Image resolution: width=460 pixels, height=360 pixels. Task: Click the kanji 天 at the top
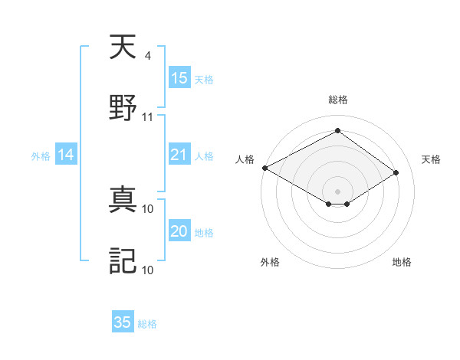coord(123,50)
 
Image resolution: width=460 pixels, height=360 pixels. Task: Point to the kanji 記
coord(123,260)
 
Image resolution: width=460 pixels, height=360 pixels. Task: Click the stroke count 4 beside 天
coord(147,56)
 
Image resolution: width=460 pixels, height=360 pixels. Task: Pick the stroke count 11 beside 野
coord(148,116)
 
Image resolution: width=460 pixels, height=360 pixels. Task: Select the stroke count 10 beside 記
coord(148,270)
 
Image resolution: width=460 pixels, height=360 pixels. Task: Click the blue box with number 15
coord(179,78)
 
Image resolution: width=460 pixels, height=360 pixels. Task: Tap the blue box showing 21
coord(179,155)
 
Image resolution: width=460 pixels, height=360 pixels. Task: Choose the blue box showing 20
coord(179,231)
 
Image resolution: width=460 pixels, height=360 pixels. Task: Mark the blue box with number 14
coord(65,155)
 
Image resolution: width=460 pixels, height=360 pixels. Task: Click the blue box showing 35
coord(122,322)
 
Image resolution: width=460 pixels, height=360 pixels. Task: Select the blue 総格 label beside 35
coord(147,324)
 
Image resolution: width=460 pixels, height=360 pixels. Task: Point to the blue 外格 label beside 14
coord(41,156)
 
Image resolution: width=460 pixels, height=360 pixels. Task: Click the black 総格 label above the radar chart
coord(338,100)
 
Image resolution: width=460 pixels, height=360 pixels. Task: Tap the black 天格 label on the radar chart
coord(431,159)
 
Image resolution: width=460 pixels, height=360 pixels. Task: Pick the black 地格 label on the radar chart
coord(402,262)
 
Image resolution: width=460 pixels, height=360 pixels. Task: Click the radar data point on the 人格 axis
coord(264,167)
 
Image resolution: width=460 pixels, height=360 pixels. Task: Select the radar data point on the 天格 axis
coord(396,172)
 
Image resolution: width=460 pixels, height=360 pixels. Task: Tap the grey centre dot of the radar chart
coord(337,191)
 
